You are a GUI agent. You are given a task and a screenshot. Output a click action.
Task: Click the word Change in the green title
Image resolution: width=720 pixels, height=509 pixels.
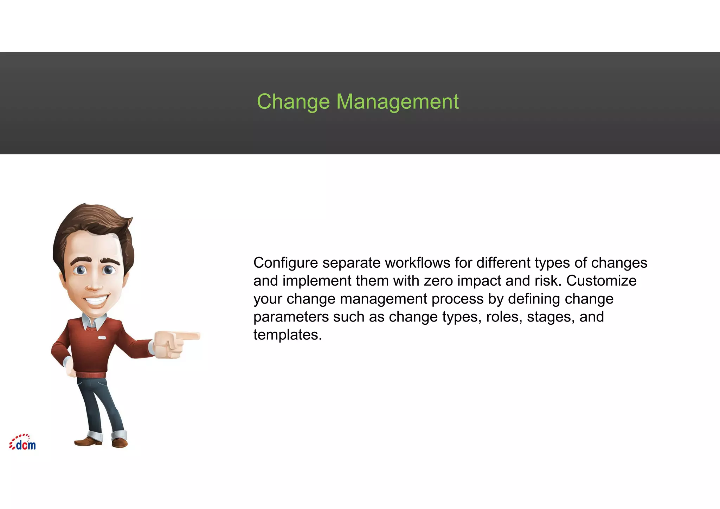tap(293, 102)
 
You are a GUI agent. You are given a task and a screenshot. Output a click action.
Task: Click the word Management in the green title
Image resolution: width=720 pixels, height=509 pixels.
tap(397, 102)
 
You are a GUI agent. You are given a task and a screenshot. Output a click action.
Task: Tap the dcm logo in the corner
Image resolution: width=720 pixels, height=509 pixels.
tap(22, 443)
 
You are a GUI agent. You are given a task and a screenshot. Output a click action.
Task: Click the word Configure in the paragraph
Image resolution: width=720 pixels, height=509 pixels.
tap(285, 263)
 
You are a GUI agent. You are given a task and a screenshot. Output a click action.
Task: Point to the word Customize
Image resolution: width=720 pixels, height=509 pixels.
tap(601, 281)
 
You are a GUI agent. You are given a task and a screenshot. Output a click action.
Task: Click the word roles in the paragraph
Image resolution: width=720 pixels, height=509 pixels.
tap(502, 317)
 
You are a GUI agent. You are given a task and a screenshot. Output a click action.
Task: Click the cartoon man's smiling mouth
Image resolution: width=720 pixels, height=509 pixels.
tap(96, 301)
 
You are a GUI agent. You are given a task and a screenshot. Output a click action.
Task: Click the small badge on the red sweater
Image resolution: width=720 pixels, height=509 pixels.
tap(102, 338)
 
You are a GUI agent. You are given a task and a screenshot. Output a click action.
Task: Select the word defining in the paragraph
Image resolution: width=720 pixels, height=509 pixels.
tap(534, 299)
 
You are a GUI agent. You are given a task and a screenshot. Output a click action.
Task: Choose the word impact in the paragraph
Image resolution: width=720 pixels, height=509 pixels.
tap(480, 281)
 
